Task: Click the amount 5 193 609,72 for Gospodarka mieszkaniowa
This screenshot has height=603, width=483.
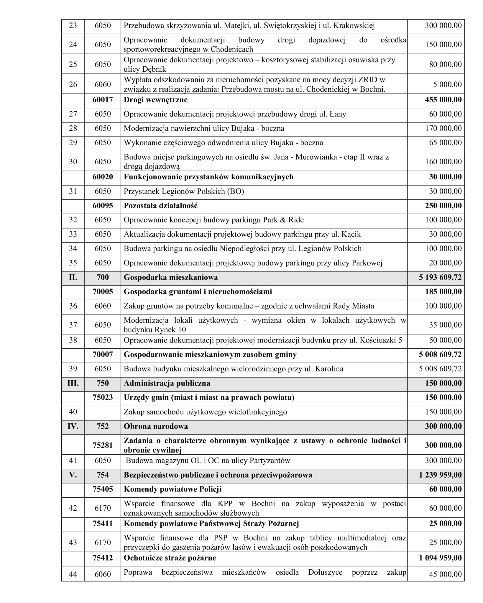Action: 440,277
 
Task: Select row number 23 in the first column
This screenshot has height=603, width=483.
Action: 73,26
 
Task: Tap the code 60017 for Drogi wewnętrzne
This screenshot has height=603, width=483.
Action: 103,100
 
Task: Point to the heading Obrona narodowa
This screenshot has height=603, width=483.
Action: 156,426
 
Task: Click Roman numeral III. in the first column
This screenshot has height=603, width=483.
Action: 73,383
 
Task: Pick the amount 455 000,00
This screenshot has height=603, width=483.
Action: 443,100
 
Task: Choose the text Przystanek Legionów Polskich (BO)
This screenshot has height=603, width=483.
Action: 184,191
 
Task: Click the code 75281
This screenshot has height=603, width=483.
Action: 103,445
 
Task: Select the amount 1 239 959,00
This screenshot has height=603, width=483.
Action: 440,475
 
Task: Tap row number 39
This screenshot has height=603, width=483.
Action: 73,369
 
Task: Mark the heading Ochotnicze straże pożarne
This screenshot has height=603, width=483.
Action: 170,558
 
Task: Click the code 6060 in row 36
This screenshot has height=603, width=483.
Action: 103,306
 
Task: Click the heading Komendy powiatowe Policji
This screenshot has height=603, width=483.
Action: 172,489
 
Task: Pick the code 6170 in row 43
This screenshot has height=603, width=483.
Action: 103,542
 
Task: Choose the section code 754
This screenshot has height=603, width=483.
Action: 103,475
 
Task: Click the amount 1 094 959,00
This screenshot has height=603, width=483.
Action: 440,558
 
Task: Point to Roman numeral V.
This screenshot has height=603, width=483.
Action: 73,475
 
